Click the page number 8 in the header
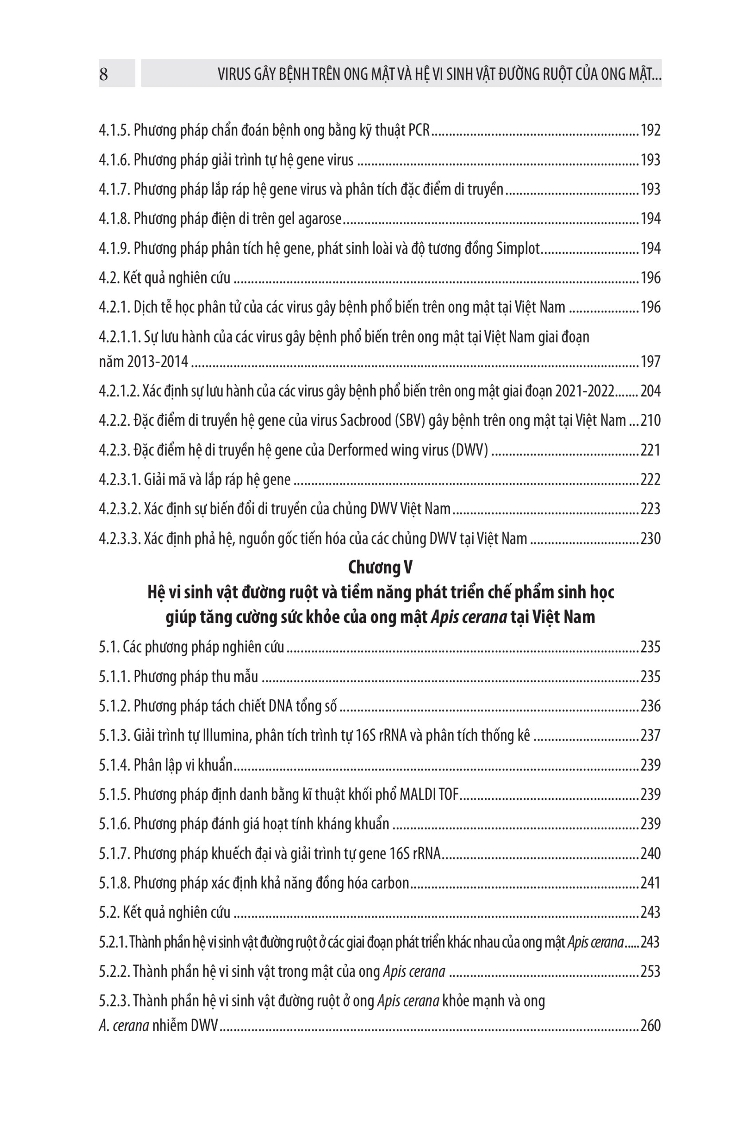click(104, 75)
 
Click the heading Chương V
click(380, 567)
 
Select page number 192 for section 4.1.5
click(651, 130)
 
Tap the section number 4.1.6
click(114, 160)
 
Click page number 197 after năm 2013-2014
click(651, 361)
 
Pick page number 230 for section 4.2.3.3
click(651, 539)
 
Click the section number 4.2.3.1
click(119, 480)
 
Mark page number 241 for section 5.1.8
click(651, 883)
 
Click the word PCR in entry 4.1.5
click(419, 130)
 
